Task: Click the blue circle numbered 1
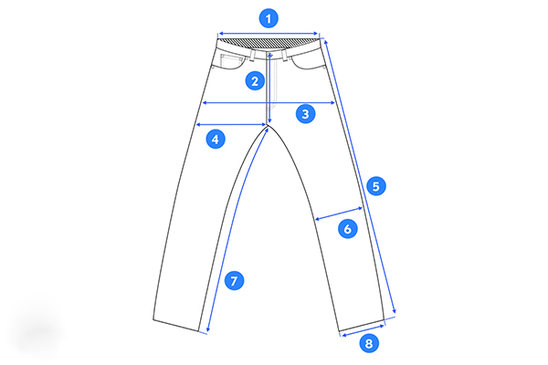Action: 269,18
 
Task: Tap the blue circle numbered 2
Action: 255,81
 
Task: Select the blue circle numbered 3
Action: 305,114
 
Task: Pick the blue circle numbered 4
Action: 216,139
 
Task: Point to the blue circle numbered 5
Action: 376,186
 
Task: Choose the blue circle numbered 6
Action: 347,229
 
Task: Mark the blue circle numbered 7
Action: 234,280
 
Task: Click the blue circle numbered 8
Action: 369,343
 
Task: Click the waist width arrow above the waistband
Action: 268,34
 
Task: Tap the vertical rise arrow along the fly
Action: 269,88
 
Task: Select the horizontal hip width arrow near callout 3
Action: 269,103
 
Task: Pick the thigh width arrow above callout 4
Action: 231,124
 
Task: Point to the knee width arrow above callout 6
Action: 339,214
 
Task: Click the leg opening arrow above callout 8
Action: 364,330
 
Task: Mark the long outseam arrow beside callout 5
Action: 361,177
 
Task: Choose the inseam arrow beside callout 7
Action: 237,230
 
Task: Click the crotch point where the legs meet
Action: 269,125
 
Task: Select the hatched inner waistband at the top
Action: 268,43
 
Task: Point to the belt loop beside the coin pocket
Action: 253,55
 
